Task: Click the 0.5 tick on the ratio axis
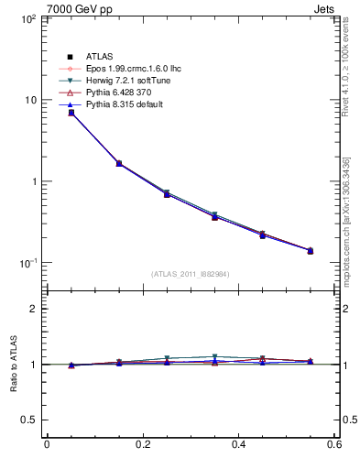pyautogui.click(x=27, y=420)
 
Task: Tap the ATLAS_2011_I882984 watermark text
pyautogui.click(x=191, y=274)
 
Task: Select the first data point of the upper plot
pyautogui.click(x=71, y=113)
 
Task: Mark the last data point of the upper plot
pyautogui.click(x=310, y=250)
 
